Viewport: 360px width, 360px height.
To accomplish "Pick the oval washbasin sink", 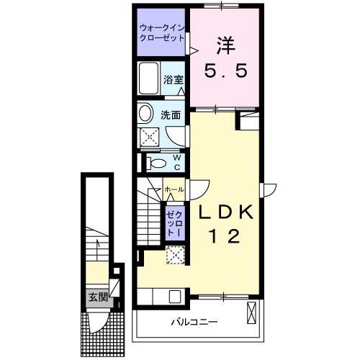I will (145, 113).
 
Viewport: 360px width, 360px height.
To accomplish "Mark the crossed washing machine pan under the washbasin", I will (150, 136).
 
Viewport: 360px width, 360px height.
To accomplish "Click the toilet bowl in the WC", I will (154, 163).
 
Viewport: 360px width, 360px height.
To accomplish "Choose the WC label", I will (176, 163).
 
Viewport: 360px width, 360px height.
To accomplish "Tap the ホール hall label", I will (174, 189).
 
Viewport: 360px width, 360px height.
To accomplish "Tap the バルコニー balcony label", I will (194, 321).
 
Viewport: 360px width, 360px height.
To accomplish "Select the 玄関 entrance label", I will (97, 296).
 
